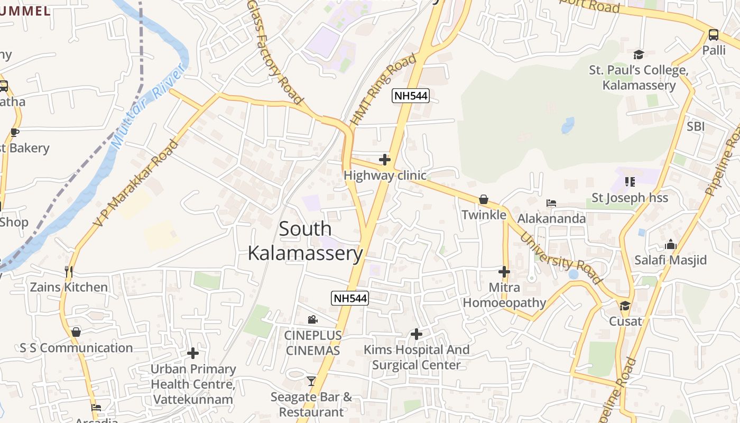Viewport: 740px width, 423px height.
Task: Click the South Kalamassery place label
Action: pos(305,241)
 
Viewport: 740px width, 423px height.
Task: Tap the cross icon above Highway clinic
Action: pos(385,159)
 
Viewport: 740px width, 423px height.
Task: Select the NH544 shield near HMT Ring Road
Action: pos(410,96)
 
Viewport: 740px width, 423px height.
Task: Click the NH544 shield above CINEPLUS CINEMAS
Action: pos(349,298)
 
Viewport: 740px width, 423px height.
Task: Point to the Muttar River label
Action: pos(150,106)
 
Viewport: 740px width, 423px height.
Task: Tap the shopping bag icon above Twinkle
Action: pos(483,199)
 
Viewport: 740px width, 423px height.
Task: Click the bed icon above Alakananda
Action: pos(551,203)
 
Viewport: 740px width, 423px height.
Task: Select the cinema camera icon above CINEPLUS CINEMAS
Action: pos(312,319)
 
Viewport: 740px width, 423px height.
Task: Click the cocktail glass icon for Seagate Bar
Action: pos(311,381)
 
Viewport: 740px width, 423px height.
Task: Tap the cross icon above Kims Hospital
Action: pos(417,334)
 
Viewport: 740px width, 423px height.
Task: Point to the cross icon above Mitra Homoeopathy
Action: pos(504,272)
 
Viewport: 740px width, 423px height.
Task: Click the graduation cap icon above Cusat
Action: pos(625,306)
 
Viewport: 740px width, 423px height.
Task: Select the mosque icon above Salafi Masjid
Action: pos(671,244)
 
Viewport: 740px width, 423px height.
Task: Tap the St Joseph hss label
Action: pos(630,198)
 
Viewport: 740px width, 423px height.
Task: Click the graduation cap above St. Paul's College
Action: pos(639,54)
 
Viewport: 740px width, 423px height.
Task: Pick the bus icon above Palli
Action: pos(713,35)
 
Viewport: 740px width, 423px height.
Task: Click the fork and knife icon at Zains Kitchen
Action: pos(68,272)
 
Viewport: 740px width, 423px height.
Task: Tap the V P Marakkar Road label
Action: pos(136,183)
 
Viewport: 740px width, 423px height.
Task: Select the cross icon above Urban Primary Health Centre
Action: pos(193,353)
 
